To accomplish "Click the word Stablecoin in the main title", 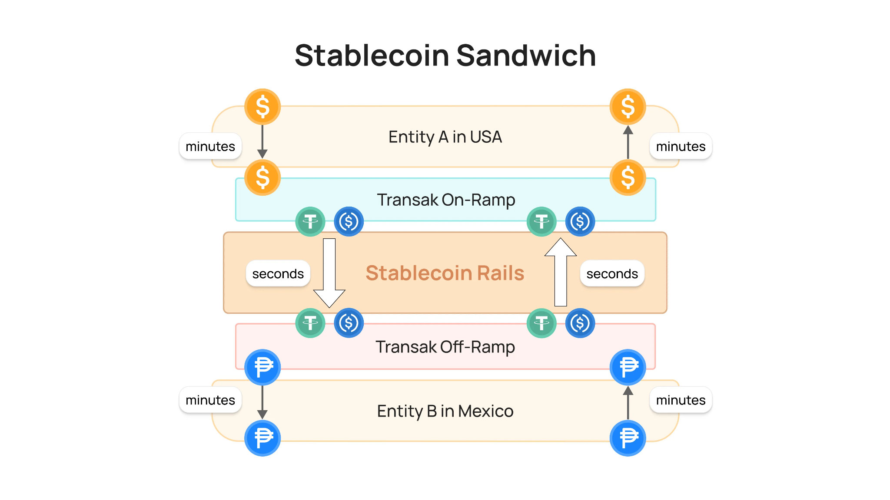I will [372, 56].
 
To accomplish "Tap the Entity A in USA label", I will [445, 137].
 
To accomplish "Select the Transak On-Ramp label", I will [446, 200].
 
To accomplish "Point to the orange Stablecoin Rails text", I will [445, 273].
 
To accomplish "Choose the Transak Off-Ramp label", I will [445, 347].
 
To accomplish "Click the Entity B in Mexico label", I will [445, 411].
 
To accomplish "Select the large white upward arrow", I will [561, 273].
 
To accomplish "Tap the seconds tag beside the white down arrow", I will [278, 274].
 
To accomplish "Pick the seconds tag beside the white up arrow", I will [612, 274].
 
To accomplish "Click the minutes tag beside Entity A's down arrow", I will [210, 147].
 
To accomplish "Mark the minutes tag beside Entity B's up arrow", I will [681, 400].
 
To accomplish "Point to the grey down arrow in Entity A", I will [262, 141].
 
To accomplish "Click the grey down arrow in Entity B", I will [262, 402].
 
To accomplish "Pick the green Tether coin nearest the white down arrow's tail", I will [310, 222].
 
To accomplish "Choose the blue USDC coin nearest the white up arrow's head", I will [580, 222].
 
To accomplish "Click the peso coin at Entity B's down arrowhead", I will [262, 438].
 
